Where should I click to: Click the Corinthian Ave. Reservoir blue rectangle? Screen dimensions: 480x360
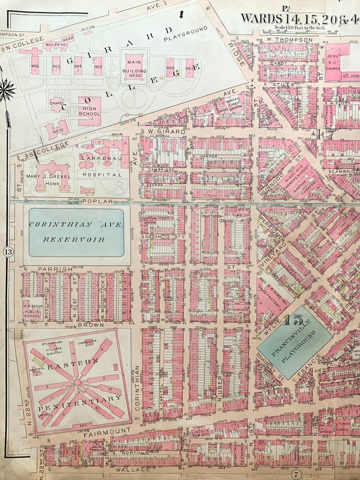[76, 232]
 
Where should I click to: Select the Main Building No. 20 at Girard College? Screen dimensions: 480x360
[134, 68]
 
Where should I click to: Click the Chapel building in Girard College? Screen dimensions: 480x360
[57, 105]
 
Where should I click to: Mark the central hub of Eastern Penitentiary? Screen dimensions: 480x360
[78, 383]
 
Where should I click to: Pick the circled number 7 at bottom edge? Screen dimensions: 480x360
[297, 475]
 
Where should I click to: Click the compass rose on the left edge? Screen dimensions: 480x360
[6, 90]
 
